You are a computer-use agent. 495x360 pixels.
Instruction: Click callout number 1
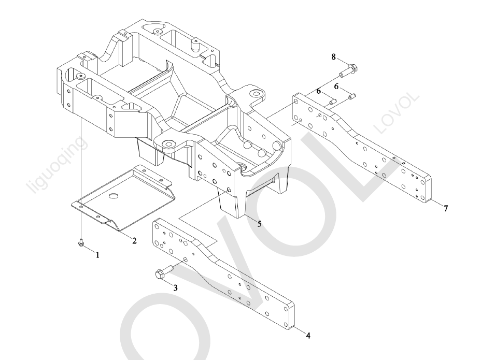(x=97, y=256)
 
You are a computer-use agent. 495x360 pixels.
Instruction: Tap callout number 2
(x=134, y=240)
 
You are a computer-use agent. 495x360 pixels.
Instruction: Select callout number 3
(x=175, y=288)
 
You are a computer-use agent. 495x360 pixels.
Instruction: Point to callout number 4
(x=308, y=335)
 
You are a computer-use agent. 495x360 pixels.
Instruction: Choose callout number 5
(x=259, y=224)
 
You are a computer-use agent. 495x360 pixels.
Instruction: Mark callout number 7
(x=445, y=208)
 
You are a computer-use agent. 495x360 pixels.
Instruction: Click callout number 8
(x=334, y=56)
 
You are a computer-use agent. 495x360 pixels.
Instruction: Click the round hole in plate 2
(x=114, y=196)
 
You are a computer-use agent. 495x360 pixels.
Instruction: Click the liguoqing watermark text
(x=58, y=165)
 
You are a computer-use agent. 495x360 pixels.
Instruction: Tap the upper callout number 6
(x=336, y=86)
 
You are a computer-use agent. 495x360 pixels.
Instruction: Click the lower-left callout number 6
(x=319, y=91)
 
